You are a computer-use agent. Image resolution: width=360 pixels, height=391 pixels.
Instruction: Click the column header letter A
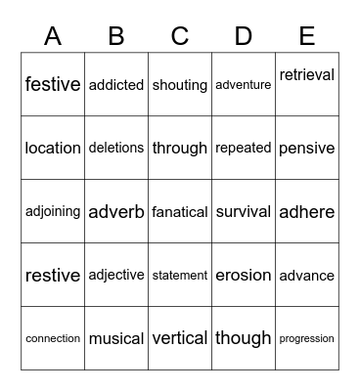[x=53, y=36]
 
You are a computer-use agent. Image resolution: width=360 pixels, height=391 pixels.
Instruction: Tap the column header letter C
[x=180, y=36]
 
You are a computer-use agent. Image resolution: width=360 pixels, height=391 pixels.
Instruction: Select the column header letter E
[x=307, y=36]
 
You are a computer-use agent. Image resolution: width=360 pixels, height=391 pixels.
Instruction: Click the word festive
[x=53, y=84]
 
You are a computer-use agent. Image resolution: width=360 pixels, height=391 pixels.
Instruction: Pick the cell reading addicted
[x=116, y=85]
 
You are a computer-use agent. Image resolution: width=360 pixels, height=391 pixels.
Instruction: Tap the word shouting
[x=180, y=85]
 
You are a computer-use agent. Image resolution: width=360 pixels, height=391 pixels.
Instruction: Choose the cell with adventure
[x=244, y=85]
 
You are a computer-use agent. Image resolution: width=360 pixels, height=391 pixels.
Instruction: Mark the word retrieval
[x=307, y=75]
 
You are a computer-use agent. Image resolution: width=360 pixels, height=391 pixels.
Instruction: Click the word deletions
[x=116, y=148]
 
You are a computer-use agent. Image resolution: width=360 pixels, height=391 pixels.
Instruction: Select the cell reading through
[x=180, y=149]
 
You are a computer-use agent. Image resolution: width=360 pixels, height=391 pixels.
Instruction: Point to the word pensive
[x=307, y=149]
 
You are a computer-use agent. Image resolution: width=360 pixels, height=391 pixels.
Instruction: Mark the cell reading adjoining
[x=53, y=211]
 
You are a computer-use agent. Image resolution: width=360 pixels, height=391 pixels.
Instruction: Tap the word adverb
[x=116, y=211]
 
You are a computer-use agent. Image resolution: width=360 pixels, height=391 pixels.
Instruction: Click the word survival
[x=244, y=211]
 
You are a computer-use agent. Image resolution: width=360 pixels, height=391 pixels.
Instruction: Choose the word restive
[x=53, y=275]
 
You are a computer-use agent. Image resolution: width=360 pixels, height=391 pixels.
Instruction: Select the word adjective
[x=116, y=275]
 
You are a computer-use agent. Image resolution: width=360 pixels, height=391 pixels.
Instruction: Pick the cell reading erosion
[x=244, y=275]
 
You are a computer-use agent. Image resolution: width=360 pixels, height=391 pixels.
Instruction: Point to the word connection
[x=53, y=338]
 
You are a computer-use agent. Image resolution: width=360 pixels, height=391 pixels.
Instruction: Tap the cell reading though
[x=244, y=338]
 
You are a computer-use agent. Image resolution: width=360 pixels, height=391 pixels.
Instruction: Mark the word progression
[x=307, y=338]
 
